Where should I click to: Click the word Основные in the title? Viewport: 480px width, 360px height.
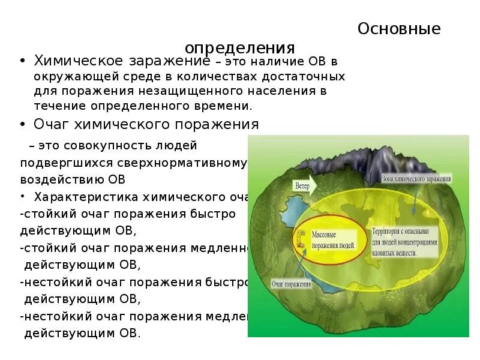tap(399, 29)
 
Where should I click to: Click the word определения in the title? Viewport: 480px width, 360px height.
tap(239, 48)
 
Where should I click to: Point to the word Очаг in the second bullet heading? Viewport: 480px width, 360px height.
tap(53, 124)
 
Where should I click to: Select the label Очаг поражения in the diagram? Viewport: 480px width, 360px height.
tap(292, 284)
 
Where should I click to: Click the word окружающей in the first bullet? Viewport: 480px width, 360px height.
tap(67, 77)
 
